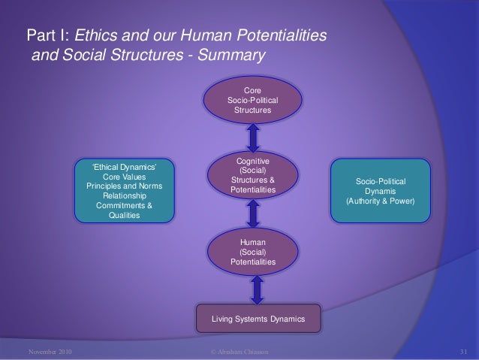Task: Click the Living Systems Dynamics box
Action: (259, 319)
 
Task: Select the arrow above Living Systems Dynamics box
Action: (258, 289)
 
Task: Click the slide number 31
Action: (463, 351)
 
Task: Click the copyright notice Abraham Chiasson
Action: (240, 351)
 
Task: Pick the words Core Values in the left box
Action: (125, 177)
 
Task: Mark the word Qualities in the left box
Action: (125, 216)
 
